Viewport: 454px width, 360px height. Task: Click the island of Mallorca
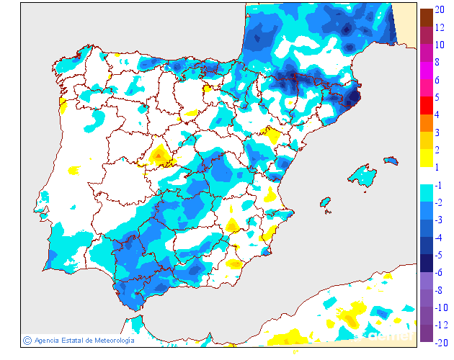coord(362,176)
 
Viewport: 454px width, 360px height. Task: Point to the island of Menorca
coord(391,159)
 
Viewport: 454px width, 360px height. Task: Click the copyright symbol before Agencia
coord(27,340)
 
